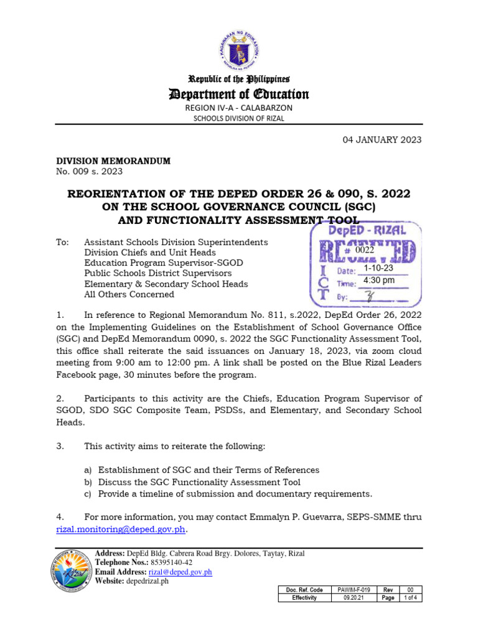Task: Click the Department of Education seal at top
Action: tap(240, 40)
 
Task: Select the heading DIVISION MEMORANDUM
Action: tap(113, 161)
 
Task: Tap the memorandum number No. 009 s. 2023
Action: tap(90, 171)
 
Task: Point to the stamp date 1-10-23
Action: tap(378, 268)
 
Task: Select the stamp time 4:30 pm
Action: tap(379, 281)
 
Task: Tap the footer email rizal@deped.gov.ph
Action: tap(180, 572)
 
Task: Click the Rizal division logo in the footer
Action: tap(70, 572)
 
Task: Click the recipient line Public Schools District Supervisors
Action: tap(158, 273)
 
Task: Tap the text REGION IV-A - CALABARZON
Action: tap(240, 108)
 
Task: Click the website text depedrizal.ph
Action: tap(148, 582)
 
